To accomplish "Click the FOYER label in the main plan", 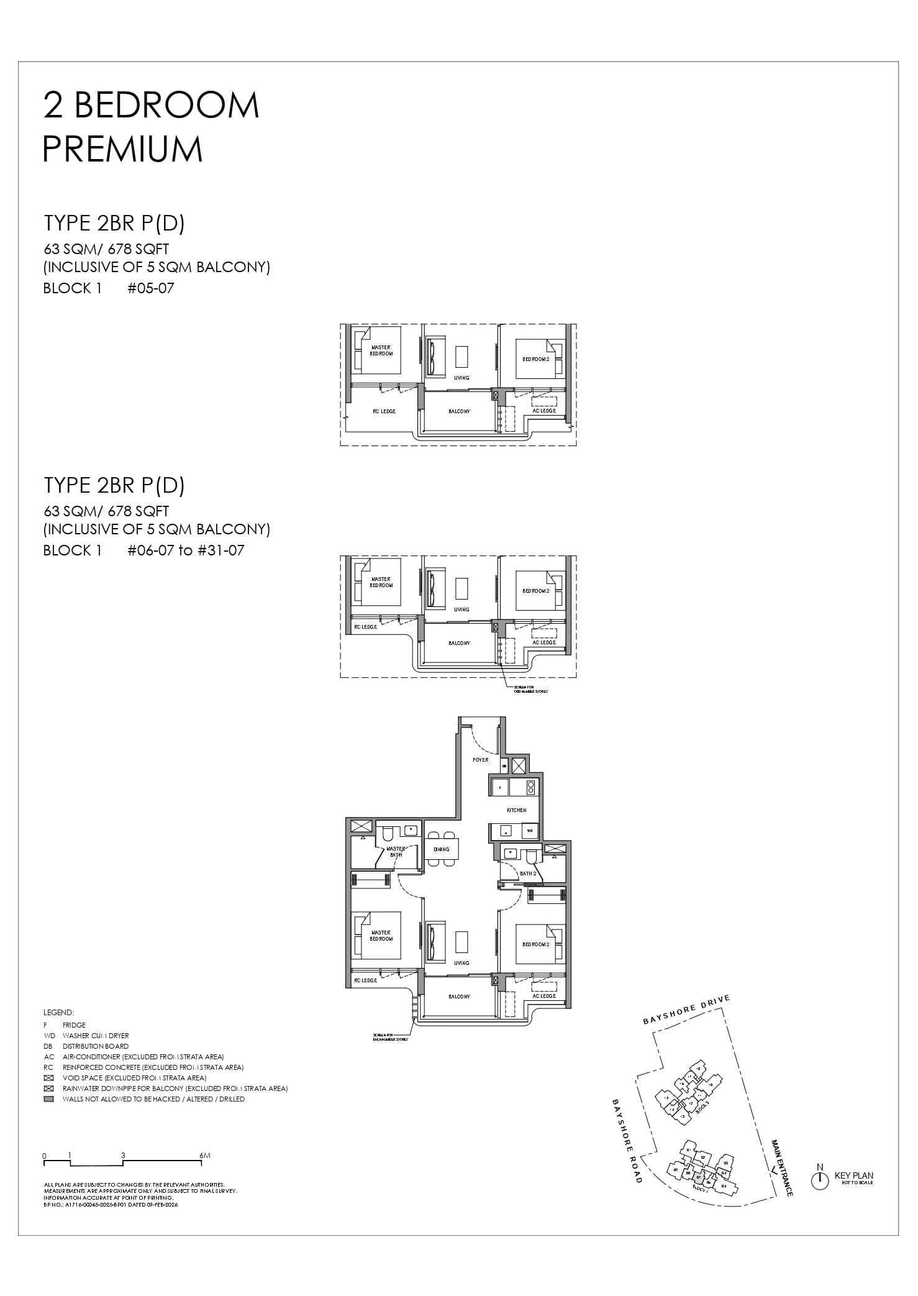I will (481, 760).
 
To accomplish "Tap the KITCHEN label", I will (516, 810).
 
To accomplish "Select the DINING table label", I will (442, 849).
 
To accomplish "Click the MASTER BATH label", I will (396, 851).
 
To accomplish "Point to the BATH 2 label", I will (528, 874).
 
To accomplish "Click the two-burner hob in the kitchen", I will (530, 787).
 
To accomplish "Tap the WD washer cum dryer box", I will (530, 831).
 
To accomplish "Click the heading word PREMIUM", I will (123, 150).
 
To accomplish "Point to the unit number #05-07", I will (151, 288).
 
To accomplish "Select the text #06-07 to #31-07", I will (186, 550).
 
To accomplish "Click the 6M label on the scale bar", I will (206, 1156).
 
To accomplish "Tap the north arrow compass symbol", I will (820, 1180).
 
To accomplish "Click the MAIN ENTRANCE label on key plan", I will (781, 1168).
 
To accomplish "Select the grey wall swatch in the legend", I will (49, 1099).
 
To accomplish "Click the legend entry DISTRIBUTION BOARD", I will (96, 1046).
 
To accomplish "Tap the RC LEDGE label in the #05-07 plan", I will (384, 411).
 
